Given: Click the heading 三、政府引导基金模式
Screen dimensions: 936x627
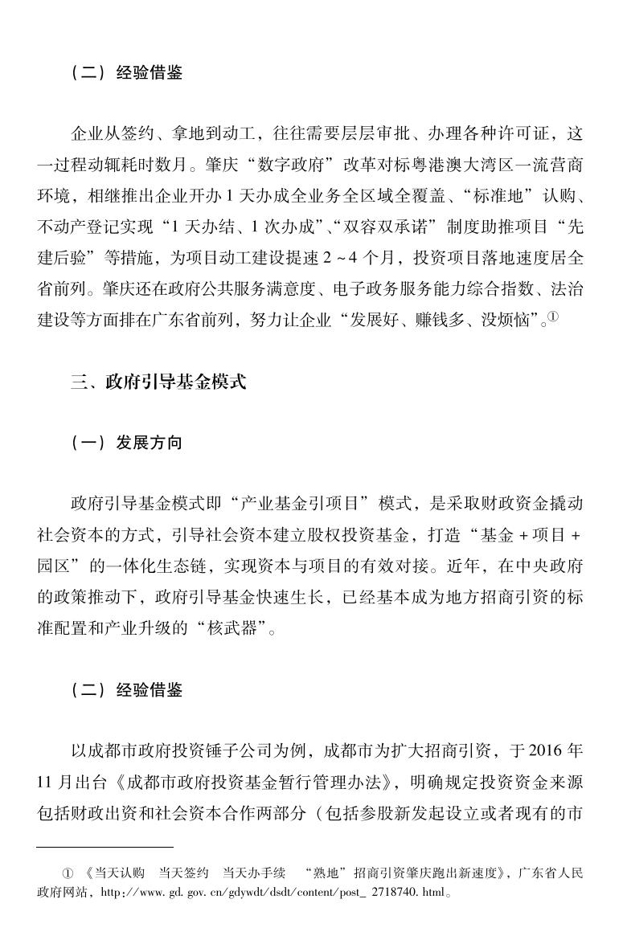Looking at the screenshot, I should coord(158,382).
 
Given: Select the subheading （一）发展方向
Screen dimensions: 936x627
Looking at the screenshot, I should coord(126,443).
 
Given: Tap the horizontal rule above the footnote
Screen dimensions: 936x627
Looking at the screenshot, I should coord(104,846).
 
